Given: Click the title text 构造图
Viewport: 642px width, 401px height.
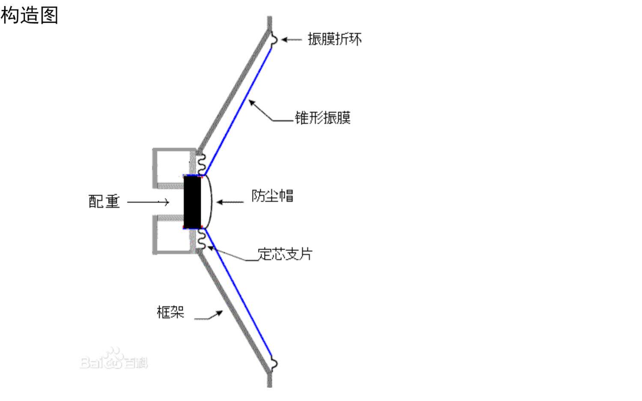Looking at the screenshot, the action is tap(29, 15).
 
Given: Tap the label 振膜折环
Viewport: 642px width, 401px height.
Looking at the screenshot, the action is tap(335, 39).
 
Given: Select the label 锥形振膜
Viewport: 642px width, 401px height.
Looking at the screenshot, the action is tap(323, 118).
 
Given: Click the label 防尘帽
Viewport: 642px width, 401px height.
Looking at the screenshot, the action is tap(272, 196).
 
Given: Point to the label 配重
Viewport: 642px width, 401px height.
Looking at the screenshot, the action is tap(104, 201).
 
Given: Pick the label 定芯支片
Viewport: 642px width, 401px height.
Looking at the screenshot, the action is tap(285, 254).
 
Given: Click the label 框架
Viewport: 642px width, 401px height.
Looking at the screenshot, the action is tap(170, 312).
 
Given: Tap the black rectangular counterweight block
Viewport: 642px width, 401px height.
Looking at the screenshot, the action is tap(193, 202).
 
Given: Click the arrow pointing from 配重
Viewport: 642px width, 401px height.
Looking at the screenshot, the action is tap(148, 202).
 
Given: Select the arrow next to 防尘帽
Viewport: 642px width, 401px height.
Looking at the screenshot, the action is tap(230, 202).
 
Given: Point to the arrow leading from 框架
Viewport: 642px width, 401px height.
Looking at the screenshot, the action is tap(209, 316).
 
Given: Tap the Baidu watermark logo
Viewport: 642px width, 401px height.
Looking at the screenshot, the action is tap(114, 360).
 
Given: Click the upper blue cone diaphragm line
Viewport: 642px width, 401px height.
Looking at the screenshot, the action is tap(238, 111).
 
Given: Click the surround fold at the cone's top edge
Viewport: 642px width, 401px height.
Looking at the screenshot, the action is tap(274, 40).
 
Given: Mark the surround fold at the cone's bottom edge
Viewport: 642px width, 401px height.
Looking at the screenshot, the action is tap(274, 364).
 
